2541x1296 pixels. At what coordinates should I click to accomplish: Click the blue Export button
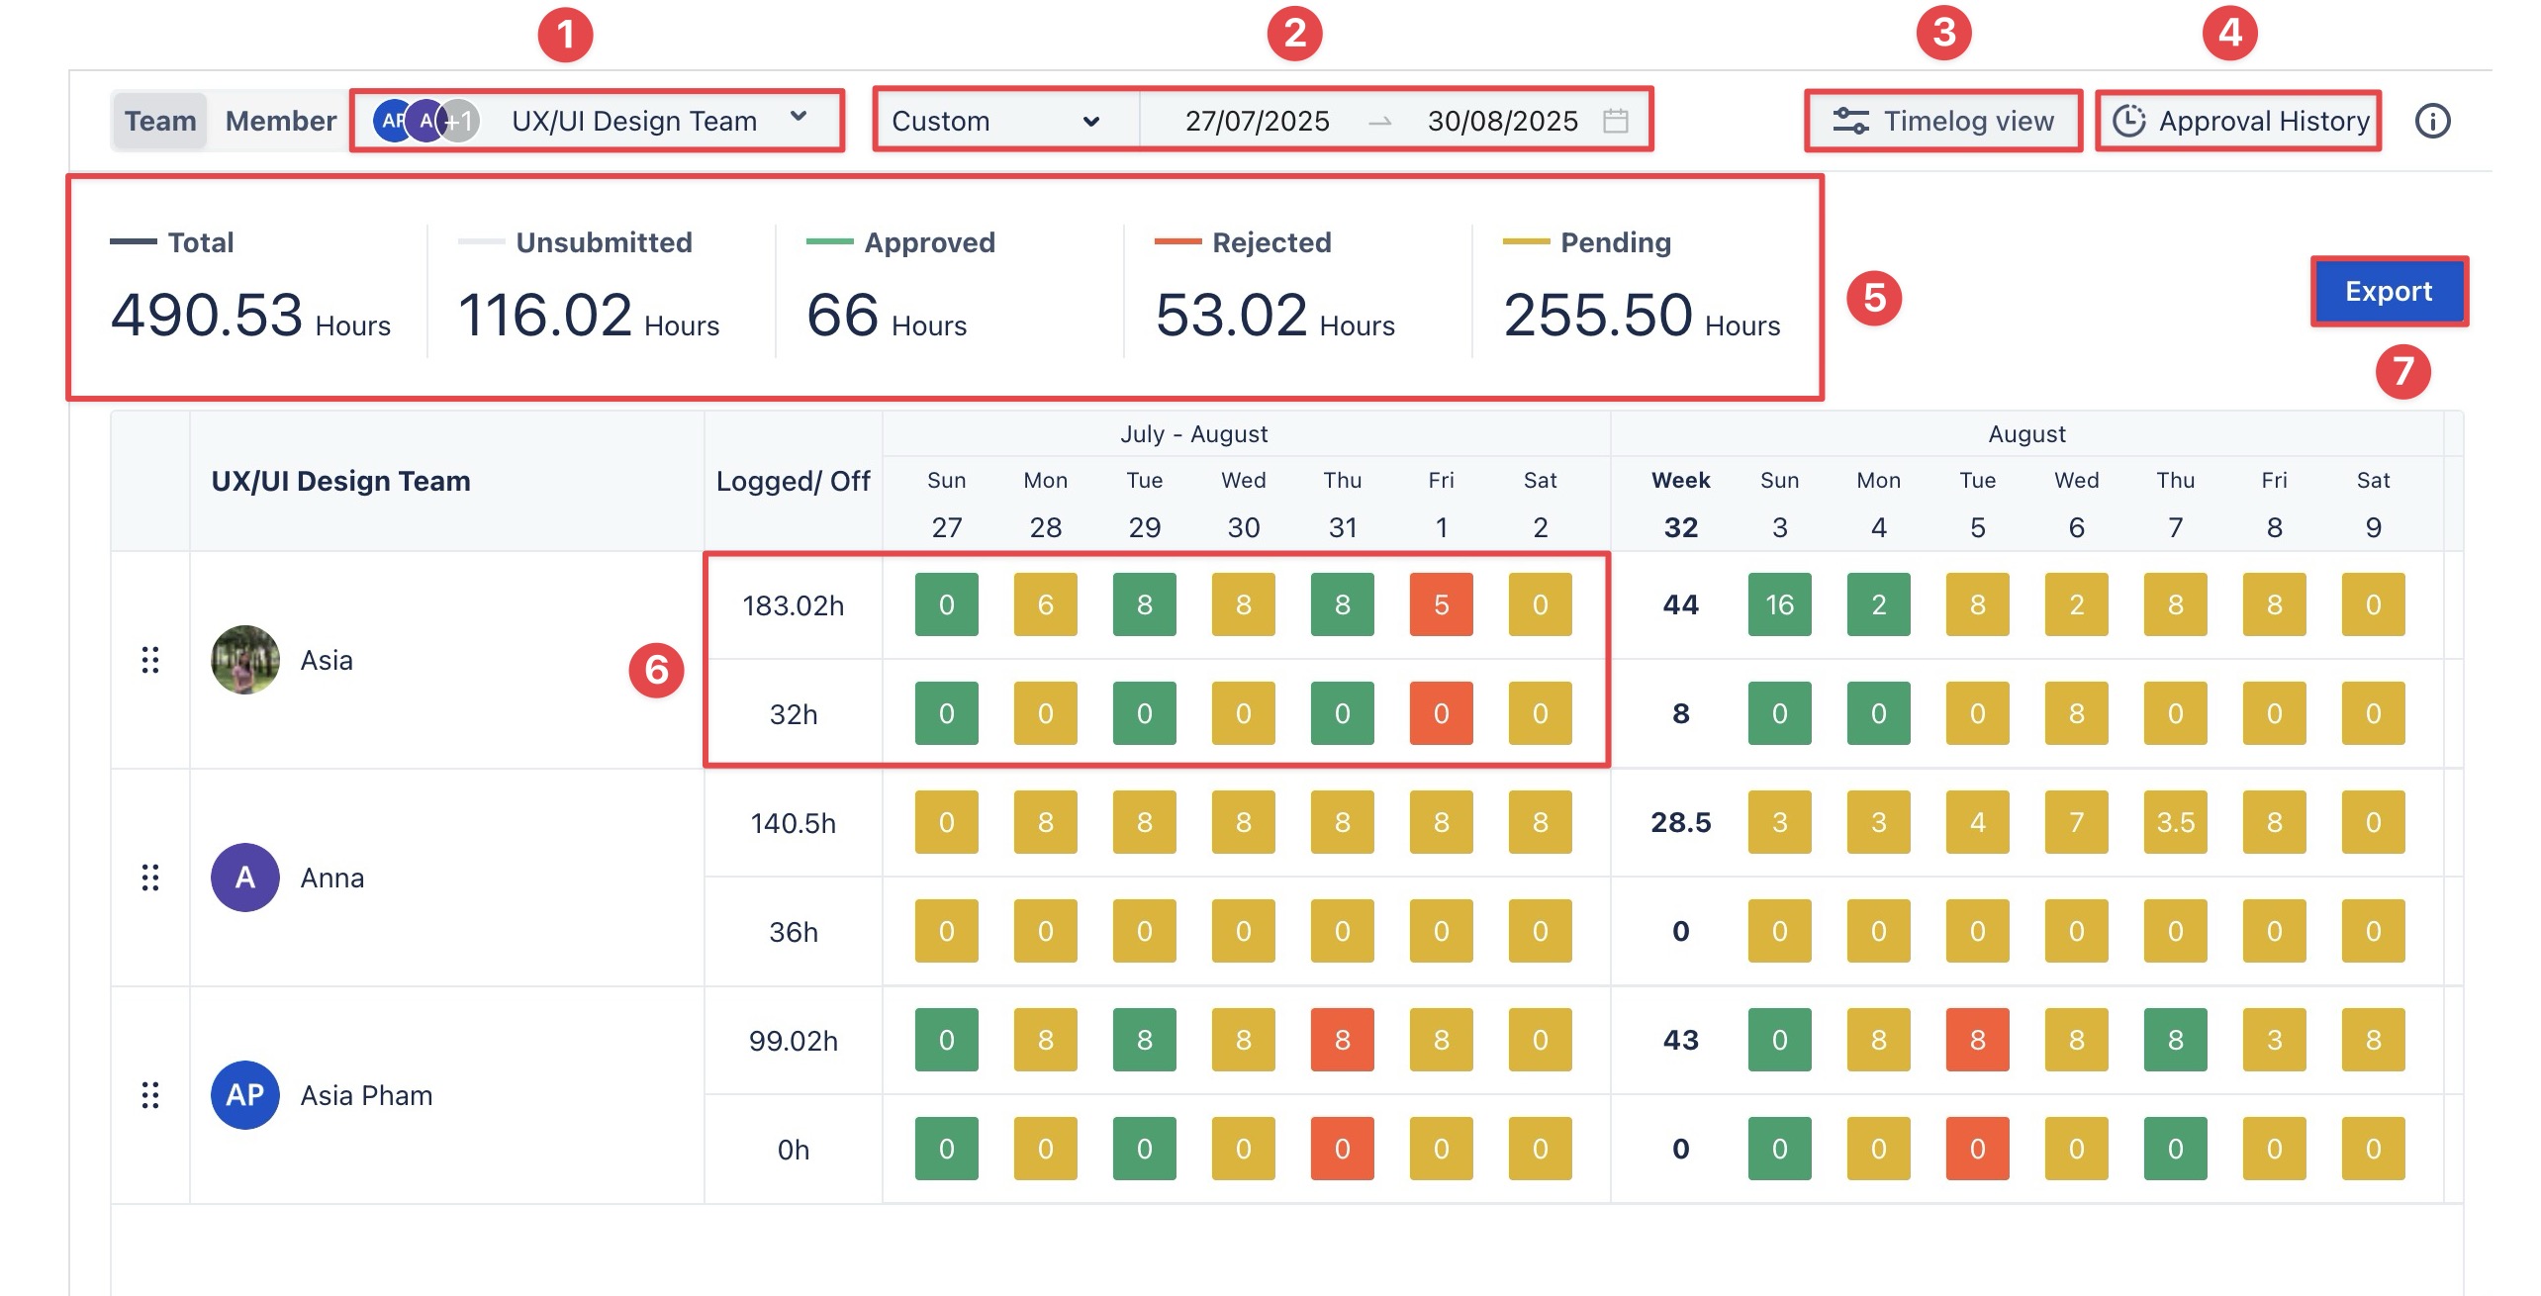(x=2388, y=291)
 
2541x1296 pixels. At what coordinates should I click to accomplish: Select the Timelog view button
(x=1943, y=121)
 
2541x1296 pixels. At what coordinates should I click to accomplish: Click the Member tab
(x=280, y=121)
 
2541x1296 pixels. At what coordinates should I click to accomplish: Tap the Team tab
(x=160, y=121)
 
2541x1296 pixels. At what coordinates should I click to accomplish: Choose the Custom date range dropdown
(x=994, y=121)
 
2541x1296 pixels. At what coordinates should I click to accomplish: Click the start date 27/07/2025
(x=1257, y=121)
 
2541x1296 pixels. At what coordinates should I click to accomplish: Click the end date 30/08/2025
(x=1501, y=121)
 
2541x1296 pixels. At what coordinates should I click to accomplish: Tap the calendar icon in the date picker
(x=1616, y=121)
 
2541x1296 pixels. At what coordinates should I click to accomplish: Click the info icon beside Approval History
(x=2432, y=121)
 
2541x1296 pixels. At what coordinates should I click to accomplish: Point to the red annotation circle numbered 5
(x=1874, y=298)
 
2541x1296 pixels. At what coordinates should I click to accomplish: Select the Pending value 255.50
(x=1598, y=316)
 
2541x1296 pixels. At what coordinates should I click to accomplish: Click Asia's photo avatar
(x=245, y=660)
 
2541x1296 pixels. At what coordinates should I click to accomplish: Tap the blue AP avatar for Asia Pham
(x=245, y=1095)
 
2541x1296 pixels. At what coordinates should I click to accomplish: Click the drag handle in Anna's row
(x=150, y=878)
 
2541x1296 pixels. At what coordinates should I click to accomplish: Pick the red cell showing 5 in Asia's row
(x=1441, y=604)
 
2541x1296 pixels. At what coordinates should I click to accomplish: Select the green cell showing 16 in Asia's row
(x=1779, y=604)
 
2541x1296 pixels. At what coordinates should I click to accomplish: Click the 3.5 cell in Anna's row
(x=2175, y=822)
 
